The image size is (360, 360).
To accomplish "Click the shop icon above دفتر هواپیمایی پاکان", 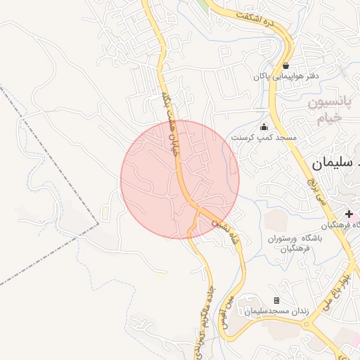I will click(285, 65).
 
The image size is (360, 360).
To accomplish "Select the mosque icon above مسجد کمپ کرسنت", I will click(264, 127).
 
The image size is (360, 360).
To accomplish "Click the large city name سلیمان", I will click(335, 164).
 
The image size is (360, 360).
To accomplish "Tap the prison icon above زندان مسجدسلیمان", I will click(276, 300).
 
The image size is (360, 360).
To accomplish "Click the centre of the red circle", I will click(180, 179).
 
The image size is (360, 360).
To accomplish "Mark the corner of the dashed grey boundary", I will click(98, 226).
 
